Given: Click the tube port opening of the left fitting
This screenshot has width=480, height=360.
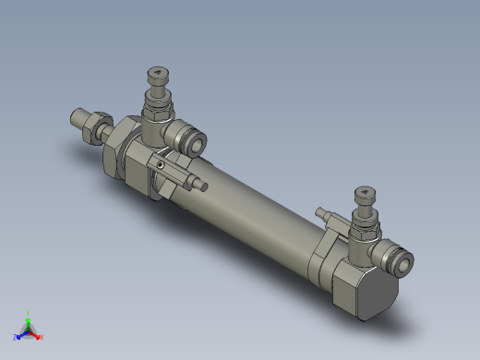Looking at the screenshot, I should (x=196, y=143).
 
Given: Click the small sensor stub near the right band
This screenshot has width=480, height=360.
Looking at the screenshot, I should (x=322, y=215).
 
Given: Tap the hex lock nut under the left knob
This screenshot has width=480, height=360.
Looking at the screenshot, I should (x=158, y=109).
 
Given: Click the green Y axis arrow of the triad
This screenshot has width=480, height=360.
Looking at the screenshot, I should (x=29, y=317).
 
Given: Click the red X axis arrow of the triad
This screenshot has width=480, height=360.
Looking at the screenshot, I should (x=39, y=335).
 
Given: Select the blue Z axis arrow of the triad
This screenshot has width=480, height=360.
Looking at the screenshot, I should (x=18, y=336).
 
